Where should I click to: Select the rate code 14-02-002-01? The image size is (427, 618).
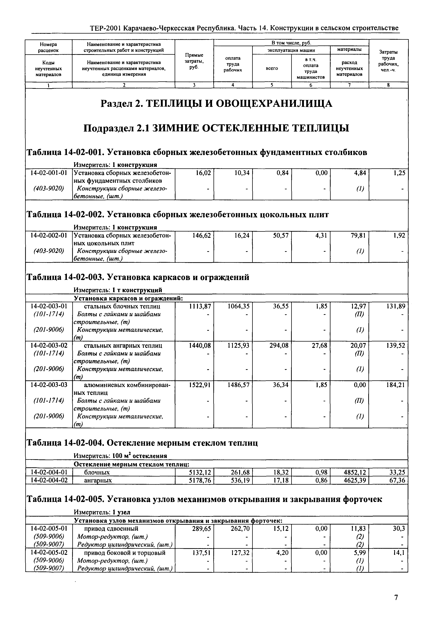pyautogui.click(x=49, y=235)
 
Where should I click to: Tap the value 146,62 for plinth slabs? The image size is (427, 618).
pyautogui.click(x=201, y=235)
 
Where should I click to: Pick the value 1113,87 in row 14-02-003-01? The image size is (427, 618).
pyautogui.click(x=200, y=306)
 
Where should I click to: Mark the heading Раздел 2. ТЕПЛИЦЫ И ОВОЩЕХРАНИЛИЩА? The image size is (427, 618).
pyautogui.click(x=216, y=103)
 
